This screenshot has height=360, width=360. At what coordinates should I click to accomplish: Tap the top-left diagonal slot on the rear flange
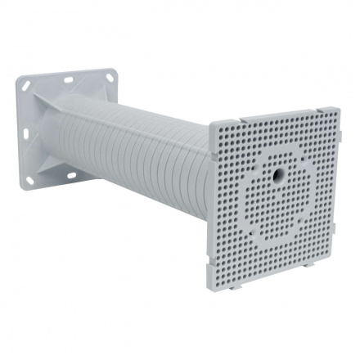[x=27, y=85]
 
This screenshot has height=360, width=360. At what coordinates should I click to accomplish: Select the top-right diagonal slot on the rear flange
[x=104, y=76]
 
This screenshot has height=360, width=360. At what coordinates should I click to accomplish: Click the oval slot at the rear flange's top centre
[x=67, y=79]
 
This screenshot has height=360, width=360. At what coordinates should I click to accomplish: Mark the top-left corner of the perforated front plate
[x=212, y=125]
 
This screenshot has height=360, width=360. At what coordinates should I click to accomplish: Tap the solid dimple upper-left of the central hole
[x=254, y=154]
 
